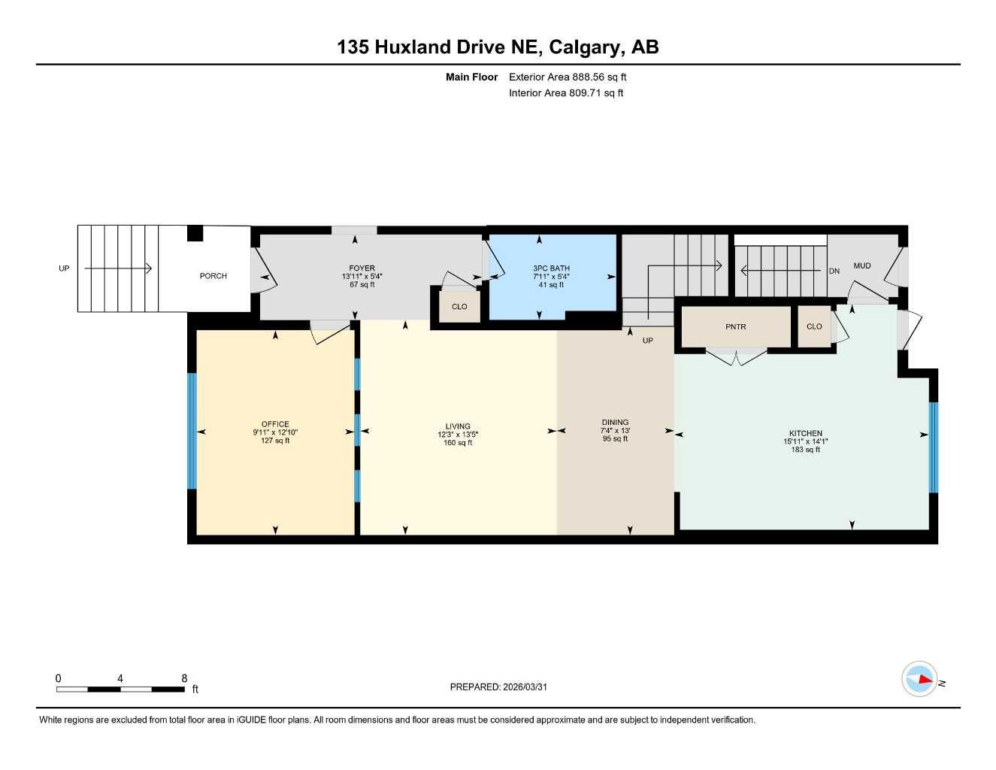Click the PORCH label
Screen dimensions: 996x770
point(213,276)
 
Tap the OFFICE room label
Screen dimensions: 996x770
point(275,424)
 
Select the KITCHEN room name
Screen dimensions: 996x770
point(805,433)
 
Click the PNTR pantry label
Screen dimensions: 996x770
point(736,327)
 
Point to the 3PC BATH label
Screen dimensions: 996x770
point(551,268)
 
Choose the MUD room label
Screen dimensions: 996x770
point(861,266)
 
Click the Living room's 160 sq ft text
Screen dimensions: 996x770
point(458,443)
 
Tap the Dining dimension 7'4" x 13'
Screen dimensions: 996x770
point(615,431)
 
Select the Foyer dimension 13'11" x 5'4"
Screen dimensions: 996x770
point(362,277)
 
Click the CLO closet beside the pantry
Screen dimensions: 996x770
point(814,326)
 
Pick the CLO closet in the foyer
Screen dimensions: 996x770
point(459,307)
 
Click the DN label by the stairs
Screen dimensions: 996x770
point(834,271)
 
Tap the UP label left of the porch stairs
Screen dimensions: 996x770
point(64,268)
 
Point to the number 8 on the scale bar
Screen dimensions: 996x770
point(184,678)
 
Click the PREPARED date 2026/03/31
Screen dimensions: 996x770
point(525,687)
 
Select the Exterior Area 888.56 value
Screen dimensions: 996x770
point(588,77)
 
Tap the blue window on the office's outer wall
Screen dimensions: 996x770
point(192,431)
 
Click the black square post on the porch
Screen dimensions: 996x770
point(195,233)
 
